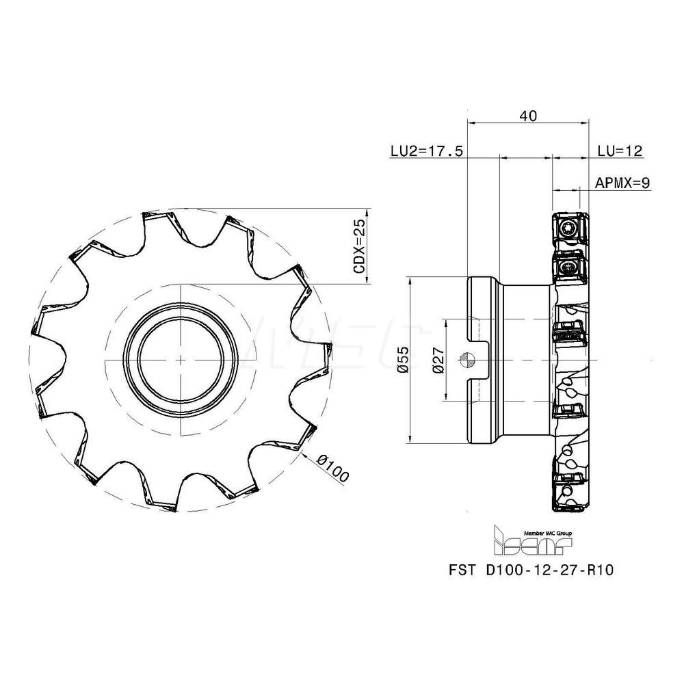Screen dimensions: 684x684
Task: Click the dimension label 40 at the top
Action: (527, 116)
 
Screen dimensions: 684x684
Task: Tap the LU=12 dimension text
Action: (620, 151)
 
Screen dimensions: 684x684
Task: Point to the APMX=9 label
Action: (622, 183)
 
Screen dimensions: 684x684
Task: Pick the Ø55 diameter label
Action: (403, 359)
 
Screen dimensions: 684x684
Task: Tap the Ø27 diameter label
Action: (438, 359)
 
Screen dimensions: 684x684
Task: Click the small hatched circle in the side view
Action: (466, 358)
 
